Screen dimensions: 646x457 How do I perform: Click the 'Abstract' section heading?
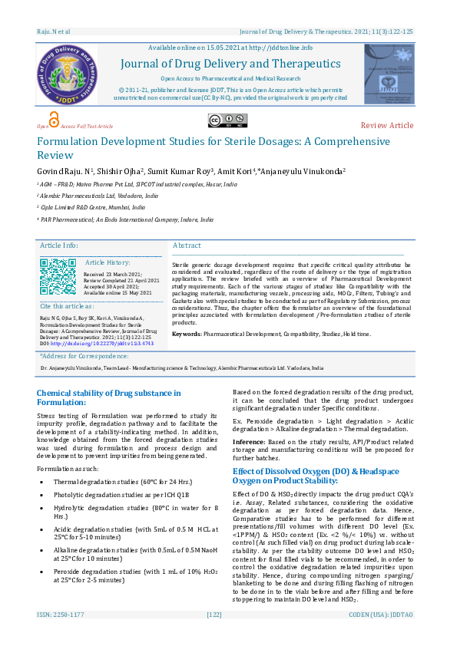[187, 246]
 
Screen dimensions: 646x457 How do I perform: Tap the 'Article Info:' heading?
[59, 246]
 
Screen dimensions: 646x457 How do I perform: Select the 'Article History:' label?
[108, 262]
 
